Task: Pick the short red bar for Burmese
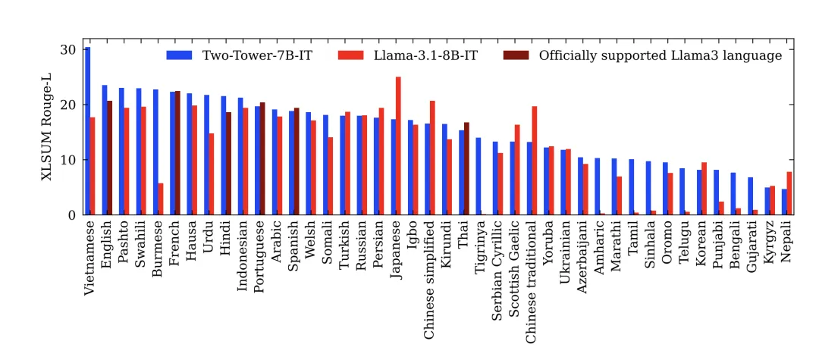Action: coord(161,199)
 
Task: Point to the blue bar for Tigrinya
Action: coord(478,177)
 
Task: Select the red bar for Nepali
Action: coord(789,193)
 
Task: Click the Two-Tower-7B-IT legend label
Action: coord(257,55)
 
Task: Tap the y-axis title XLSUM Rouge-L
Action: coord(47,132)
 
